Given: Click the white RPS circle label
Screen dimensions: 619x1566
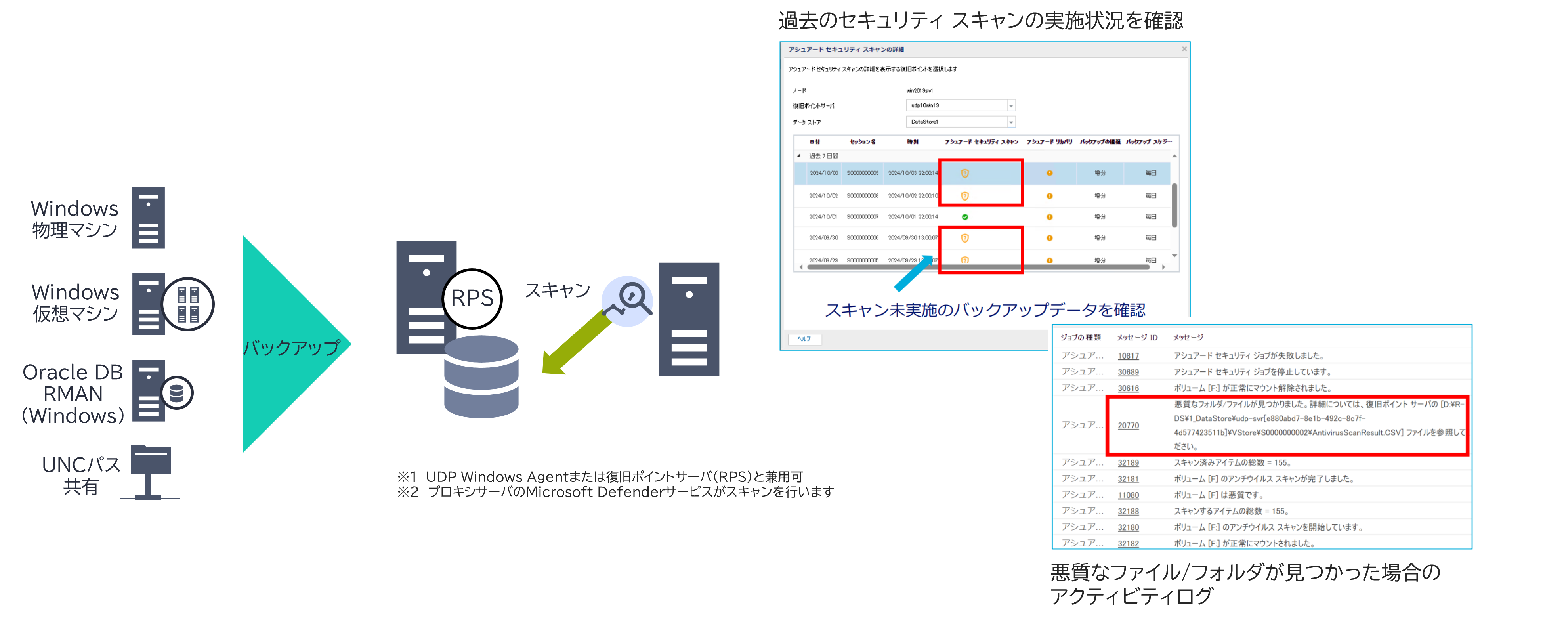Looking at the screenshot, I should pyautogui.click(x=472, y=298).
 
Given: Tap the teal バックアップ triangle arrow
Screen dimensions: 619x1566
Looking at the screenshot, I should pyautogui.click(x=286, y=344).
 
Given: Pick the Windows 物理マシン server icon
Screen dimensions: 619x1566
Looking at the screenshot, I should pyautogui.click(x=148, y=218).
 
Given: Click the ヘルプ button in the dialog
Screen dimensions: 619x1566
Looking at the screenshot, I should pyautogui.click(x=804, y=339).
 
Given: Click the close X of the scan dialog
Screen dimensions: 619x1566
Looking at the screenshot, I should pyautogui.click(x=1184, y=49).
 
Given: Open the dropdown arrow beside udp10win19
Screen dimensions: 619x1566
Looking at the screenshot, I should pyautogui.click(x=1011, y=106).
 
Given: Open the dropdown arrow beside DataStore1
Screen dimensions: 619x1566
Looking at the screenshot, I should pyautogui.click(x=1011, y=122).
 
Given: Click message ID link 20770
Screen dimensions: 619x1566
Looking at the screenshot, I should pyautogui.click(x=1128, y=426).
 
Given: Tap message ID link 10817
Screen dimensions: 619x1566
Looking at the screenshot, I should pyautogui.click(x=1128, y=356).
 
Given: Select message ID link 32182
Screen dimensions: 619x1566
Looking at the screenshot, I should pyautogui.click(x=1128, y=544).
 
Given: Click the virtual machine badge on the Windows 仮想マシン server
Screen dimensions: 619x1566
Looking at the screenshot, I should pyautogui.click(x=188, y=304).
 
